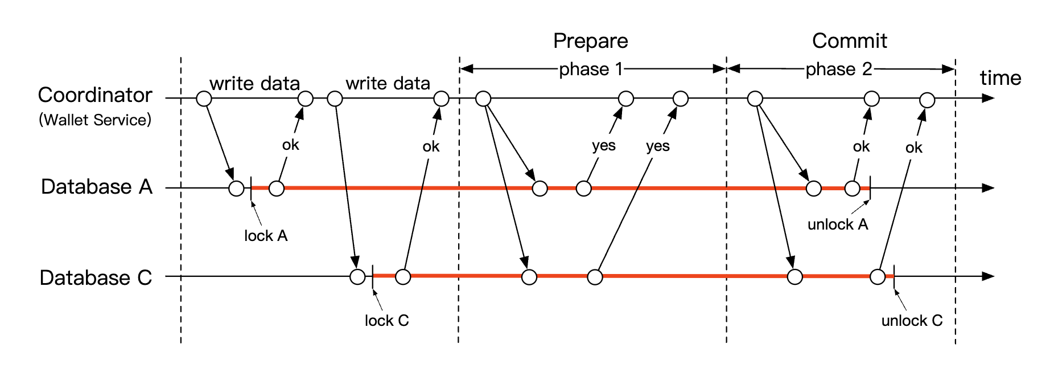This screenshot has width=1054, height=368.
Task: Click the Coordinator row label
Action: point(95,95)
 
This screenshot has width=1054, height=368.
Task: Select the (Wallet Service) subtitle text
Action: point(95,120)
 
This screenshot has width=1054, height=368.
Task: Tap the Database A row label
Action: point(97,187)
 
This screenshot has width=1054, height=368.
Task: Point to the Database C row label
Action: point(96,278)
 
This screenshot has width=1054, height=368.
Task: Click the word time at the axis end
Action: point(1000,78)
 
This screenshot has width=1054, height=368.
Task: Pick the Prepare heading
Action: point(590,41)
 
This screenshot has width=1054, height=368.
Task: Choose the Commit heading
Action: point(849,41)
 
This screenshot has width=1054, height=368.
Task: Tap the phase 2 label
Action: point(838,69)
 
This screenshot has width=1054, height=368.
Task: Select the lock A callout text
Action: point(266,236)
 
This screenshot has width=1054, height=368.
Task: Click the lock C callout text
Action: point(386,321)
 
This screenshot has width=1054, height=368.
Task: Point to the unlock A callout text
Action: point(838,224)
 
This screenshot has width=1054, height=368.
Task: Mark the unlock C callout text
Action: point(912,321)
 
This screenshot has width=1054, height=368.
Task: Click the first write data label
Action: point(254,84)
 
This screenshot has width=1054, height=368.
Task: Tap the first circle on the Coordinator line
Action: point(204,99)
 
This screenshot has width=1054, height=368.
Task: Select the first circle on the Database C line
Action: point(357,277)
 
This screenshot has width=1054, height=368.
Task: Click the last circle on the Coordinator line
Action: point(927,100)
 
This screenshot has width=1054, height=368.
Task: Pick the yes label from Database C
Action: point(657,146)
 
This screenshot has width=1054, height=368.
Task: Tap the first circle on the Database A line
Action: point(236,188)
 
